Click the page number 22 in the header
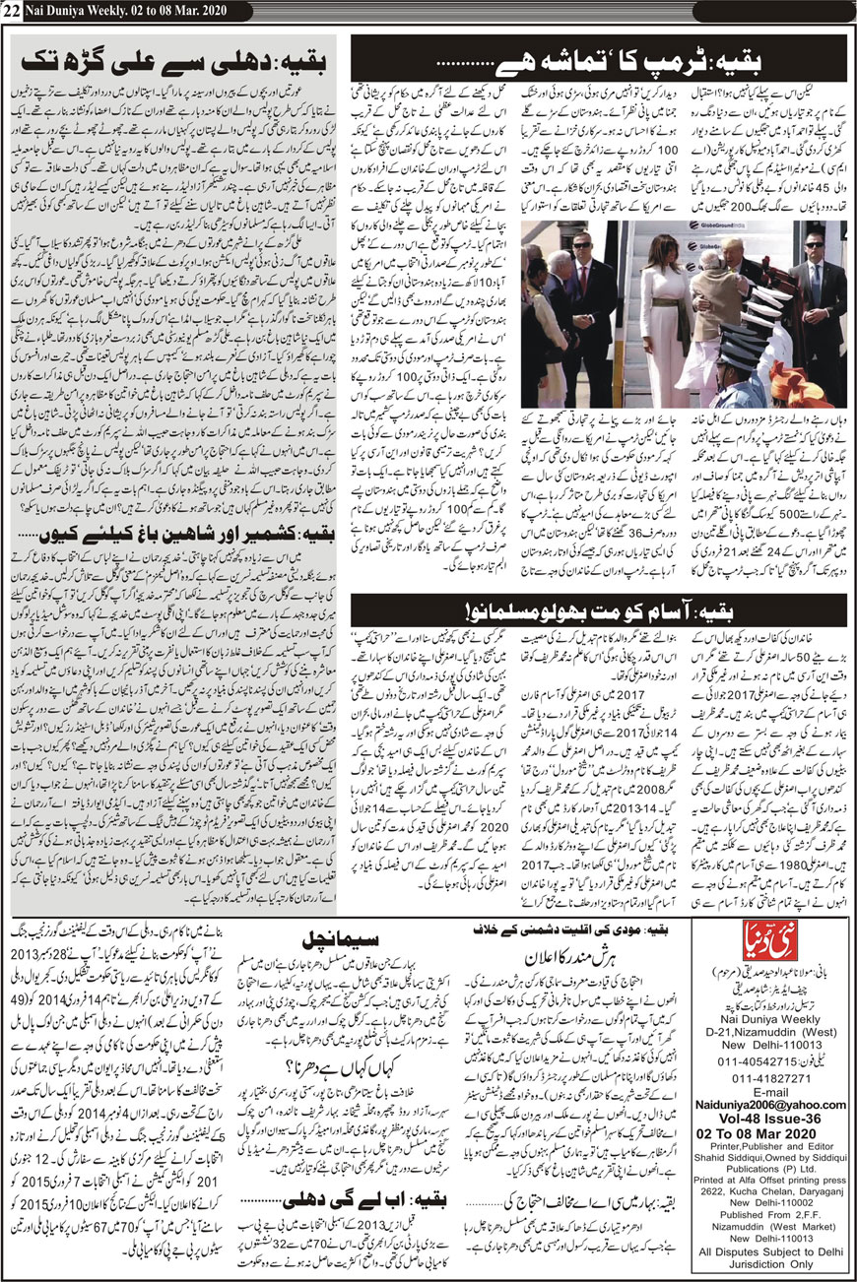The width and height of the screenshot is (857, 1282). (13, 10)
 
